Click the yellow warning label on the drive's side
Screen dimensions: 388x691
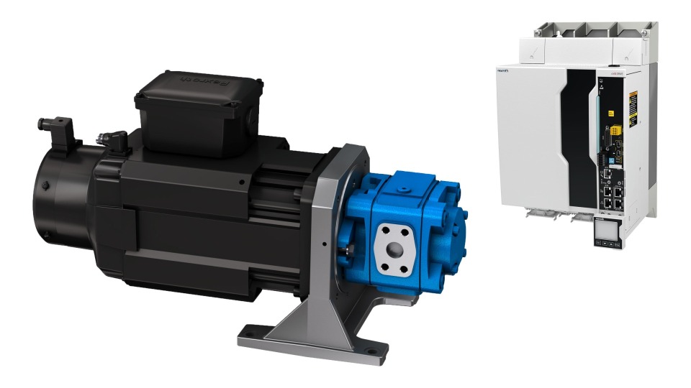tap(633, 108)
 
